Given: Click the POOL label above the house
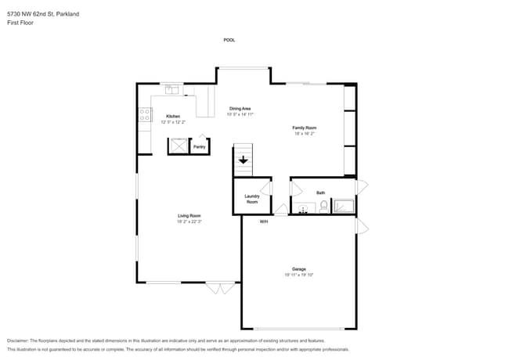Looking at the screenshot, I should click(229, 40).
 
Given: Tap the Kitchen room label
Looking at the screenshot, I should click(172, 117).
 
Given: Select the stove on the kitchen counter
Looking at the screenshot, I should click(145, 114).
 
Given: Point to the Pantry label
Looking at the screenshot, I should click(200, 146).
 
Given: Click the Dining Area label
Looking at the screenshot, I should click(240, 108).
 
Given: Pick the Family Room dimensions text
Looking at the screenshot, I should click(304, 134).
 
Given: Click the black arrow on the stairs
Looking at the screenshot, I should click(244, 160).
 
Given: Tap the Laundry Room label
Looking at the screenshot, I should click(251, 199).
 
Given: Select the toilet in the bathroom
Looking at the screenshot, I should click(323, 207).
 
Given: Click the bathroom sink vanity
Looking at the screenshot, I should click(303, 208).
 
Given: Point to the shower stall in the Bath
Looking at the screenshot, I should click(344, 207).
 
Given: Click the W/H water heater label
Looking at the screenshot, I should click(264, 221).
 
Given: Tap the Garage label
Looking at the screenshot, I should click(298, 269).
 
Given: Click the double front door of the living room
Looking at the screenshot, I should click(220, 287).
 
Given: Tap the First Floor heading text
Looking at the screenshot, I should click(21, 23).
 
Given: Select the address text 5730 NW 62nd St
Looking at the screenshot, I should click(31, 14).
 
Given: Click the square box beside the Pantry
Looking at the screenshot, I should click(179, 146).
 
